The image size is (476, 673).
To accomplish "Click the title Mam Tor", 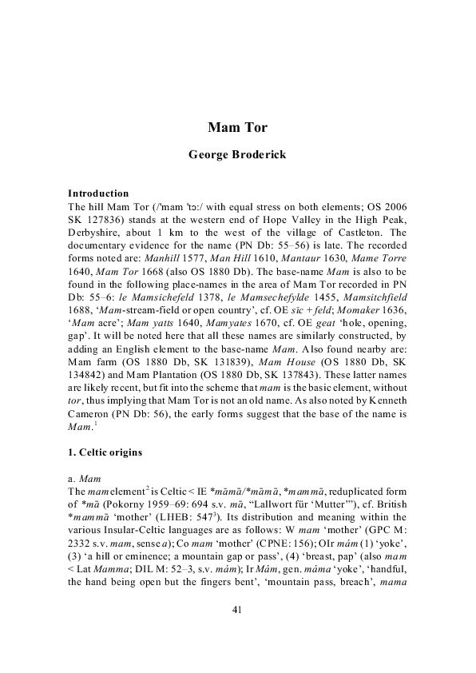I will [237, 127].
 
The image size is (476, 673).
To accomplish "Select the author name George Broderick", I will [237, 155].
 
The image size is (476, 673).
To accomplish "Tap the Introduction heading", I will [98, 193].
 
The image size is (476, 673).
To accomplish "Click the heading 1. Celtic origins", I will [105, 453].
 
